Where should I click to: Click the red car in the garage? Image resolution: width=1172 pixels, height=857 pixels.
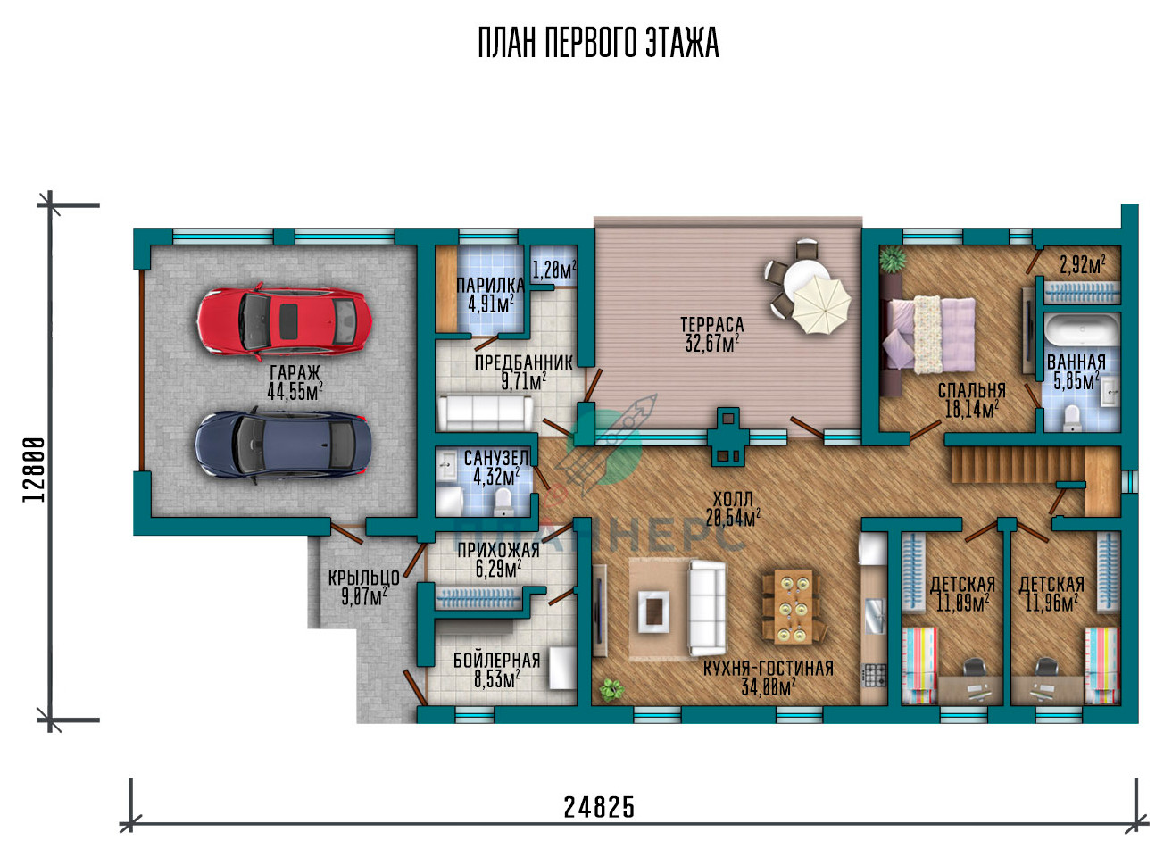285,321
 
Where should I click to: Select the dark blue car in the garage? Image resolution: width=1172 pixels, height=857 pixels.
284,445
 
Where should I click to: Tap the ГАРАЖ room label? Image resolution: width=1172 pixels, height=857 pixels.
295,373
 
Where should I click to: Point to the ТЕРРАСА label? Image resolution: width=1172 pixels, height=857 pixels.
711,324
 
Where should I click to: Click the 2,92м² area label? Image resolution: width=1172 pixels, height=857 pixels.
1083,265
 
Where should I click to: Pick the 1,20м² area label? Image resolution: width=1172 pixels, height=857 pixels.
554,270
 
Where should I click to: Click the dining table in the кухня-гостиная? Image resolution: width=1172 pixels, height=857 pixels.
794,607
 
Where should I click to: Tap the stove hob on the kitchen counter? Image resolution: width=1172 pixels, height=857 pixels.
874,676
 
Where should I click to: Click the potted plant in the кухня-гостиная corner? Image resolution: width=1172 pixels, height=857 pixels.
611,689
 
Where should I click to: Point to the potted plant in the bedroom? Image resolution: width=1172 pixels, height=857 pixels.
893,259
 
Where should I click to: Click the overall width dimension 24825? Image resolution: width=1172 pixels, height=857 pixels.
599,807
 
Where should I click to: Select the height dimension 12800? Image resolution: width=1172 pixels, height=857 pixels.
34,470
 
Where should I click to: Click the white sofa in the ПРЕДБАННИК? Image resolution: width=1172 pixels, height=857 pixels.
485,412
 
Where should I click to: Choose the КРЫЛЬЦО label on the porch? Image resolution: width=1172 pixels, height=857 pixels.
364,578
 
